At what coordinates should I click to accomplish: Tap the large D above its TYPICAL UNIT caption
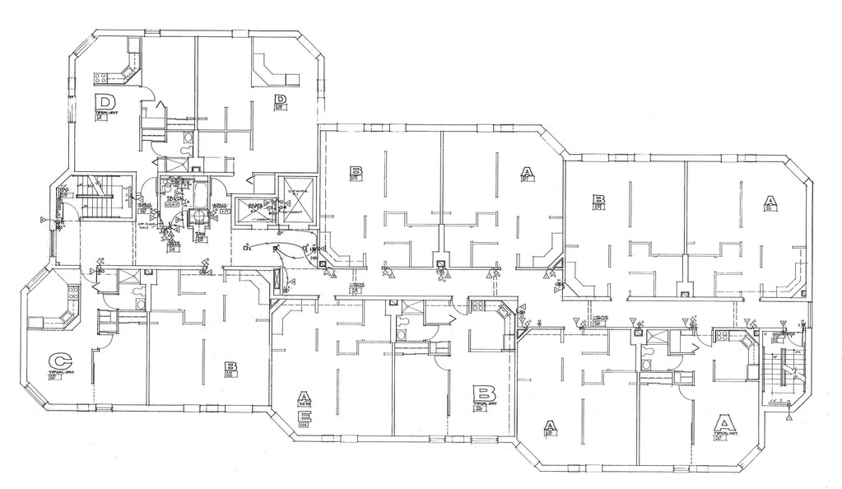104,102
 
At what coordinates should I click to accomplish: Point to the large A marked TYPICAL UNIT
723,424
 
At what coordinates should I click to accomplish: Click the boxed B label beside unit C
231,367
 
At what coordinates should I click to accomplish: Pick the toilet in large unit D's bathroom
188,136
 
